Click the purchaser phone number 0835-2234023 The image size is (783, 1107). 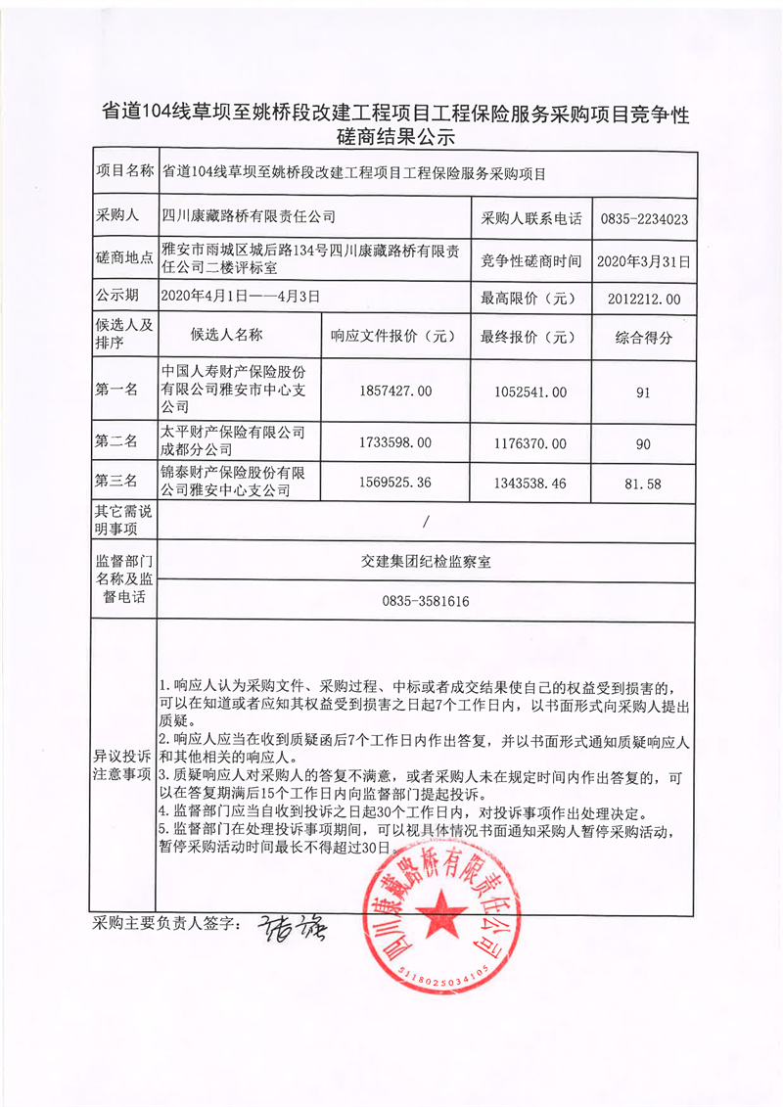(643, 219)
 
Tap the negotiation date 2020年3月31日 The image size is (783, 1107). (643, 261)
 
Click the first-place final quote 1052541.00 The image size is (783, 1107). (532, 392)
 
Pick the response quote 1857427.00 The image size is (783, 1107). (396, 392)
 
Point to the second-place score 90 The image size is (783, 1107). (643, 443)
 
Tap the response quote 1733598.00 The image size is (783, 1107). (396, 443)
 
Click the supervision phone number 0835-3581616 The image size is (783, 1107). (426, 601)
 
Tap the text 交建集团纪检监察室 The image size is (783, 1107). (426, 562)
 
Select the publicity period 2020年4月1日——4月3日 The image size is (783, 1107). (240, 295)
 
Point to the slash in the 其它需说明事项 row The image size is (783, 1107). (426, 521)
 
